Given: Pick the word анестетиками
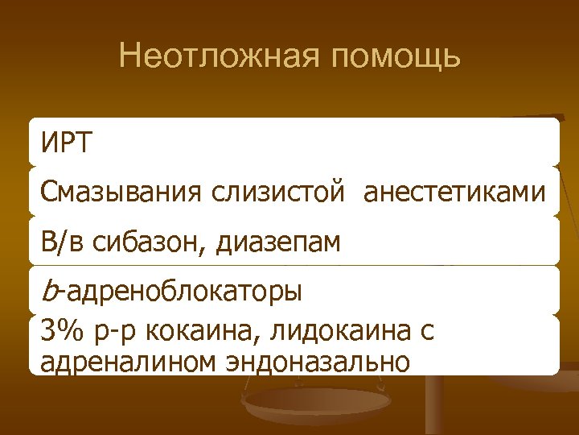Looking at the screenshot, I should tap(455, 193).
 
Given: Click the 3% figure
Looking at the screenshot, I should tap(61, 331).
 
